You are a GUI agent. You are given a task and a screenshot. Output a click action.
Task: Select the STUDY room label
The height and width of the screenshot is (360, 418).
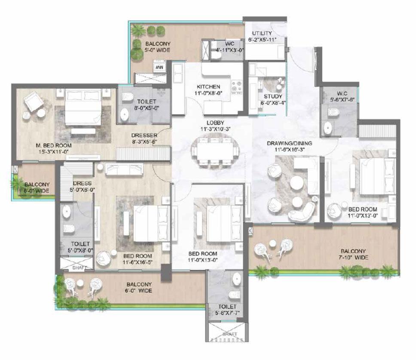coord(272,96)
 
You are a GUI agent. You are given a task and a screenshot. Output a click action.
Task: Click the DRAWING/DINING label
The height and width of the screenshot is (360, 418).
coord(289,143)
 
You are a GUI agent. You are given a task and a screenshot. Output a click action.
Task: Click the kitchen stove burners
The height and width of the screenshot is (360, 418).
coord(236,86)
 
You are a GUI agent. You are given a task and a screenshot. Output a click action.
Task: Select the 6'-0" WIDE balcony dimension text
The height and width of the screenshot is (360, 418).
coord(139,291)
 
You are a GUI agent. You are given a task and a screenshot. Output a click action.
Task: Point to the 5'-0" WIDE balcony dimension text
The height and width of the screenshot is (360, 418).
coord(157,50)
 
